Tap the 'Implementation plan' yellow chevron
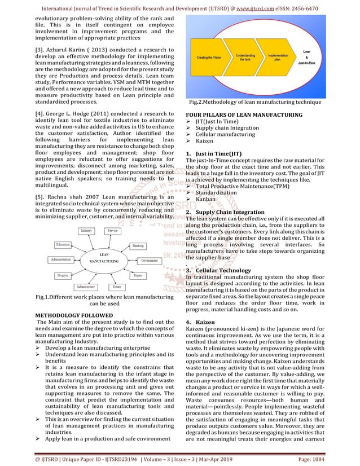278,57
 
